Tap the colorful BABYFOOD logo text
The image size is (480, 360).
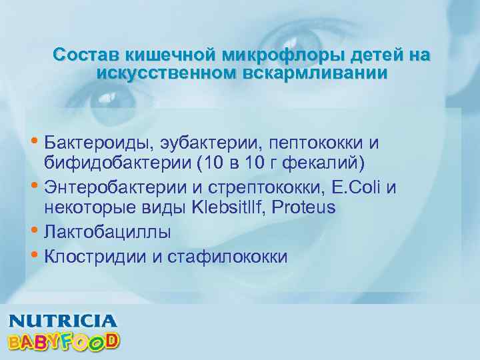pos(63,341)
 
